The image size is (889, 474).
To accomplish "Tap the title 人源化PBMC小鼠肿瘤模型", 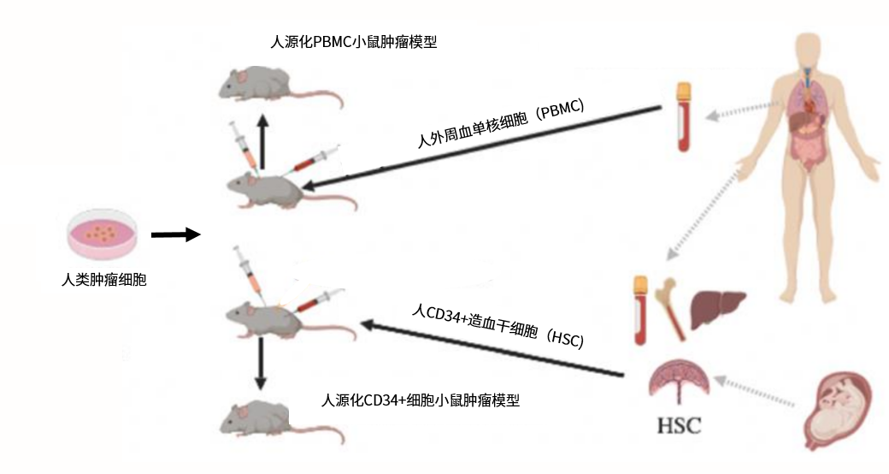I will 352,42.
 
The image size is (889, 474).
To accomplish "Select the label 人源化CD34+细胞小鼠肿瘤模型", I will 421,400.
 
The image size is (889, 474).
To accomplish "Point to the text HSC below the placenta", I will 679,425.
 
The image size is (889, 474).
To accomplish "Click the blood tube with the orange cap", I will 683,116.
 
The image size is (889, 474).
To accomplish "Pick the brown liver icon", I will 717,307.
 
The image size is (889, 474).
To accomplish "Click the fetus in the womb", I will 841,410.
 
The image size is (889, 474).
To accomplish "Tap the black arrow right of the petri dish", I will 175,234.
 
